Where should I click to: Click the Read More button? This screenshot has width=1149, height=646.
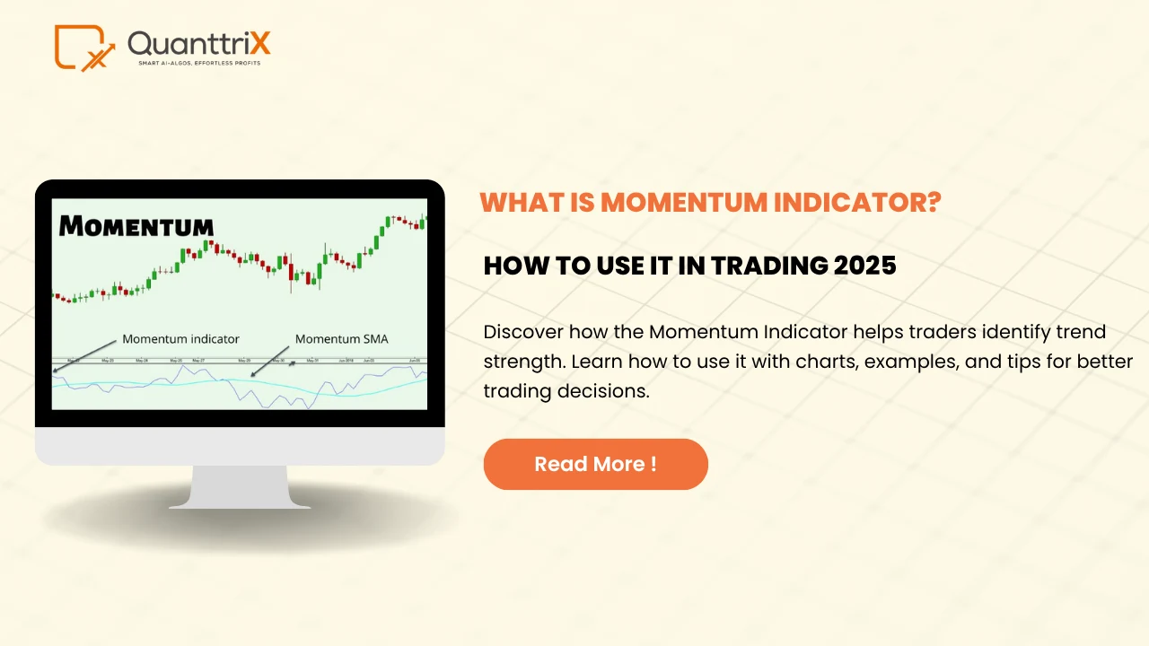(x=595, y=464)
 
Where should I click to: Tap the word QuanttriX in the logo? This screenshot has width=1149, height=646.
(x=198, y=43)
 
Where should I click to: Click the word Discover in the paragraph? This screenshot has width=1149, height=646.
(x=519, y=332)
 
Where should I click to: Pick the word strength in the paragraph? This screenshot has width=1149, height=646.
(x=518, y=362)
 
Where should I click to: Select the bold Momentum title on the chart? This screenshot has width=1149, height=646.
(x=136, y=226)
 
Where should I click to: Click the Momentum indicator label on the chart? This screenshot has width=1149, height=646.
(x=180, y=339)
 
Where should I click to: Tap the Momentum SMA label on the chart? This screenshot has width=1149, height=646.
(x=342, y=339)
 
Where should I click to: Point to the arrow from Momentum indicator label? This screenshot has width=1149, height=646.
(x=86, y=354)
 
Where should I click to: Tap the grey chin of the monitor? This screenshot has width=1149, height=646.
(x=240, y=446)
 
